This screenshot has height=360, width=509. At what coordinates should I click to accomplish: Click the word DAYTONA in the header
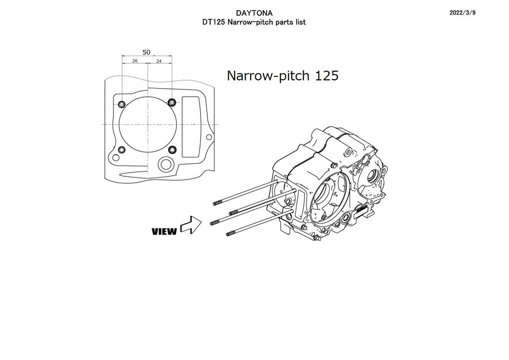(x=254, y=13)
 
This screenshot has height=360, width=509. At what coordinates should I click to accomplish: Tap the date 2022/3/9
(x=462, y=13)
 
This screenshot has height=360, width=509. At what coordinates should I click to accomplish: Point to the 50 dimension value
(x=146, y=52)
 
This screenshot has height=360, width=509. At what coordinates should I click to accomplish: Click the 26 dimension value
(x=135, y=61)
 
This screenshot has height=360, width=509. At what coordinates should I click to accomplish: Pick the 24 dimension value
(x=158, y=61)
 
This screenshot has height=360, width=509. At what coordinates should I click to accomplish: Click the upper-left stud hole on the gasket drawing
(x=122, y=105)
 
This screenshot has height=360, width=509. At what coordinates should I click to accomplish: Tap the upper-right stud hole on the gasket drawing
(x=171, y=102)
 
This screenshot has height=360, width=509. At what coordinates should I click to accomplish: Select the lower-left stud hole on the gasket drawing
(x=122, y=150)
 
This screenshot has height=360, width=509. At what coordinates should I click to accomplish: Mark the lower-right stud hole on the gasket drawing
(x=171, y=150)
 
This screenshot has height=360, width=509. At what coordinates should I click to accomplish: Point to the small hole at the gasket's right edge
(x=209, y=137)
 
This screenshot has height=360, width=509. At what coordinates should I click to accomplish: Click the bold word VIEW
(x=164, y=232)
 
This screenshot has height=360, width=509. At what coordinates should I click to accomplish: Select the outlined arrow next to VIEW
(x=191, y=225)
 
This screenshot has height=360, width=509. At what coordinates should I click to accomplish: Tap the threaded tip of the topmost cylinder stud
(x=217, y=204)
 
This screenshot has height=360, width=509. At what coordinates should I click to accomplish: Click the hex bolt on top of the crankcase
(x=333, y=166)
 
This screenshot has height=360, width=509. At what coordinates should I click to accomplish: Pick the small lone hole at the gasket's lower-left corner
(x=116, y=158)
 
